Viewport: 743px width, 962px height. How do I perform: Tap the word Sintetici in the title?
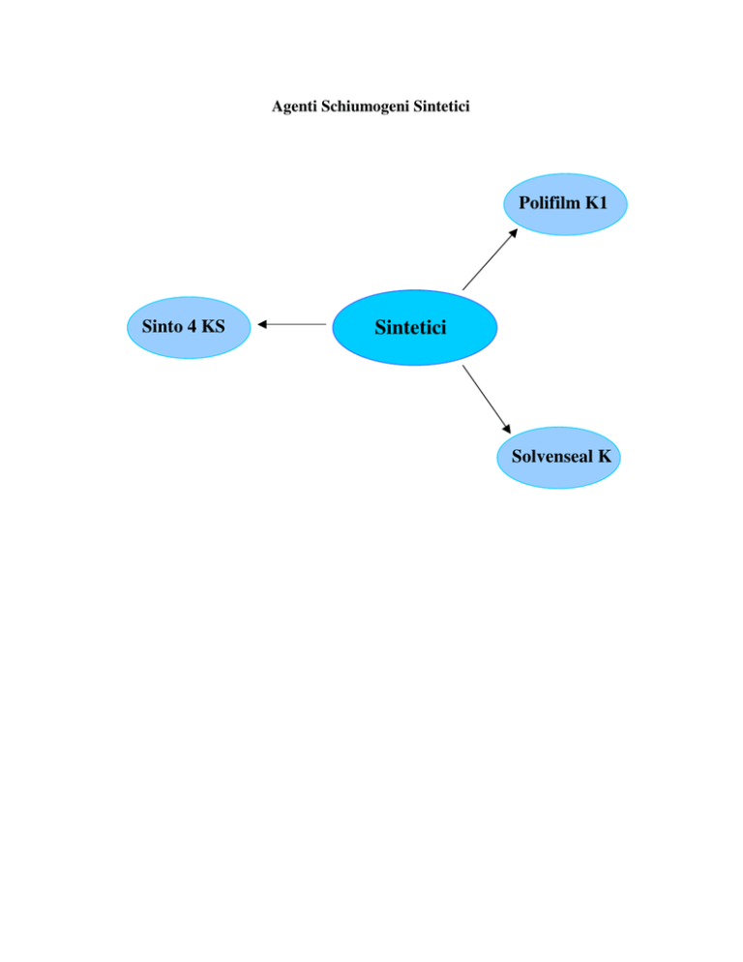441,106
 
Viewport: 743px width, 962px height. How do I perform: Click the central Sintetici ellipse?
415,328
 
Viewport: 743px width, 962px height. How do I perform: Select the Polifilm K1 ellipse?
565,204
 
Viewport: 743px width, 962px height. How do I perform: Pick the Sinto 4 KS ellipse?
189,328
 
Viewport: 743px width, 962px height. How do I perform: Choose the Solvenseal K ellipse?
558,458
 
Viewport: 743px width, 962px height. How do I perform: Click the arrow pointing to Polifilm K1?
490,259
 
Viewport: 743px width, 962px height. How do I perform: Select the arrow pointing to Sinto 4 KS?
292,324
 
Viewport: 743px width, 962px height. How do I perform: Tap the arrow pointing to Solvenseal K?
487,400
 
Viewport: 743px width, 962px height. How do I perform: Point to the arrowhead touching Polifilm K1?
514,233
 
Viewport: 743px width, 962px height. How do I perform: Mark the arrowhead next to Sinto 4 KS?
262,324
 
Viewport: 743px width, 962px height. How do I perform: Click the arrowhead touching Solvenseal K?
507,429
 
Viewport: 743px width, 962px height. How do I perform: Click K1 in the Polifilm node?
596,202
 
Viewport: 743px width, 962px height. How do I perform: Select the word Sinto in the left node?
162,326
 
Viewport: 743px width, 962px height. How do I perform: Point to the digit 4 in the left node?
192,326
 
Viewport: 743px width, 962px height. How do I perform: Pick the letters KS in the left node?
213,326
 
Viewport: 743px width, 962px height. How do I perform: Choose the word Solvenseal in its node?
552,456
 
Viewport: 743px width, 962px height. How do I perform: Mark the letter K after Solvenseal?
605,456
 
